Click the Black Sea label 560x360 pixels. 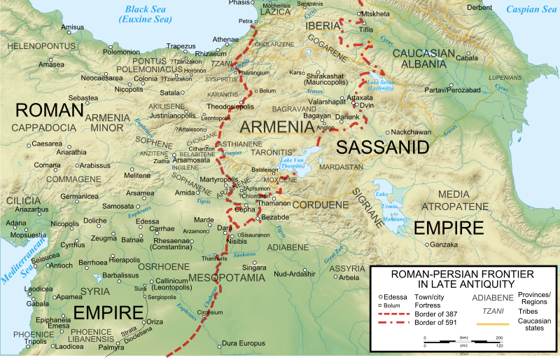point(148,9)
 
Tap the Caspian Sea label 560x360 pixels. point(532,9)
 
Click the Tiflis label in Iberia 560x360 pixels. point(366,30)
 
